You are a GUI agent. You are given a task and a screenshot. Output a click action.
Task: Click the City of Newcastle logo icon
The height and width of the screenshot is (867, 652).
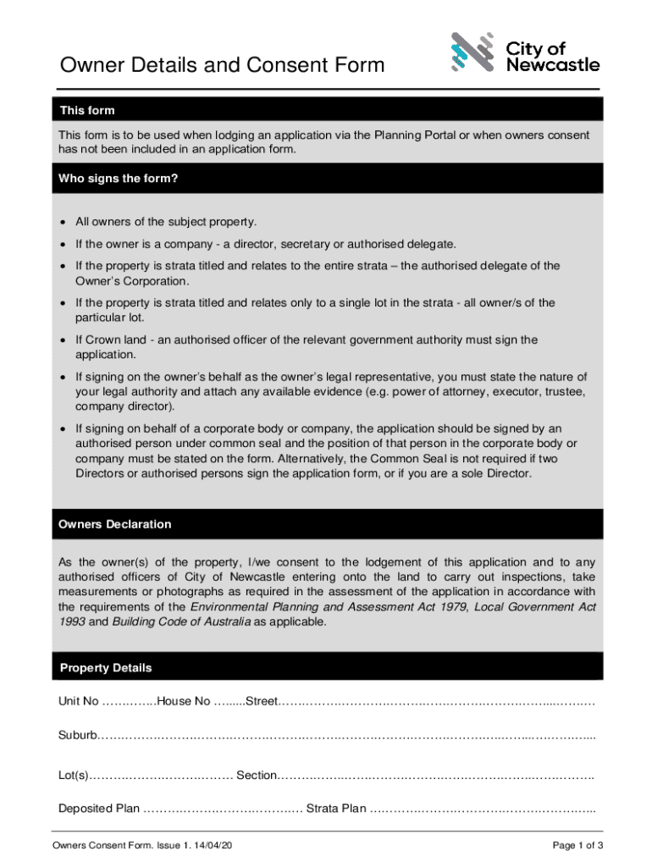coord(472,53)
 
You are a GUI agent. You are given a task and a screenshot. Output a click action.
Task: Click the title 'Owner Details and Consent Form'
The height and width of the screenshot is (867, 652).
coord(221,65)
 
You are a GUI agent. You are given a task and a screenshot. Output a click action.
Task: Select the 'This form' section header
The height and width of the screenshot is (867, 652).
coord(86,111)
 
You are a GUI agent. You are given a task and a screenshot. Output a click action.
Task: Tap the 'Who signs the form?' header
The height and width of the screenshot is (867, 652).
coord(118,179)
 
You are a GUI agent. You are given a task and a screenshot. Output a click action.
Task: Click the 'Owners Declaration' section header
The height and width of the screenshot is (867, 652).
coord(114,524)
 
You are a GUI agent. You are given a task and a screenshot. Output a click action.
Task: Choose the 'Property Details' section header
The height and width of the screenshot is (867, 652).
coord(106,668)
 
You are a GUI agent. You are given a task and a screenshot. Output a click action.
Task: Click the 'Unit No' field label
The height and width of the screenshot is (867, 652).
coord(78,702)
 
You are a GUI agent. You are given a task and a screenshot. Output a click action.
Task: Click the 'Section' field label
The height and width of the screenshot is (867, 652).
coord(257,776)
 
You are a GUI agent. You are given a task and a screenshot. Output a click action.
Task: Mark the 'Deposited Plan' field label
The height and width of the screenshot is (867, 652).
coord(99,809)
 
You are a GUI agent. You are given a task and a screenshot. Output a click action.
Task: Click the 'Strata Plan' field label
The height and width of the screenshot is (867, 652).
coord(336,809)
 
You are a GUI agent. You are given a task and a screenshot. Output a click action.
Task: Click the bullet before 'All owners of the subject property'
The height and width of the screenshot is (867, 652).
coord(63,223)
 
